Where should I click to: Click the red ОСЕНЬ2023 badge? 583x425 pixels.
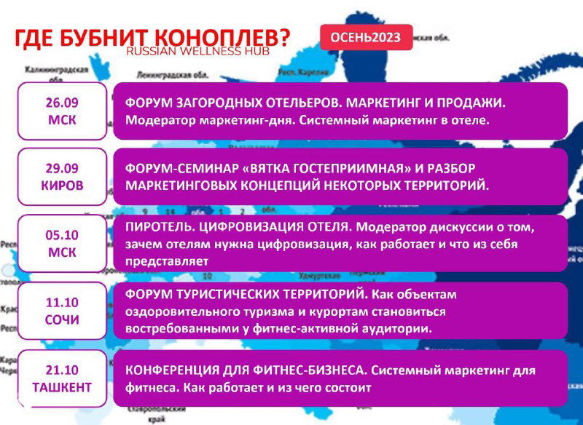coord(366,37)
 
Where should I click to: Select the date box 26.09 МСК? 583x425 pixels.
coord(61,111)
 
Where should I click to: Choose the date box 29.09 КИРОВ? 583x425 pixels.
coord(61,176)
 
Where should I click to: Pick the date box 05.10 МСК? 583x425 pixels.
coord(61,243)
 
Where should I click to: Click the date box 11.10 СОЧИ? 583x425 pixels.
coord(61,311)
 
